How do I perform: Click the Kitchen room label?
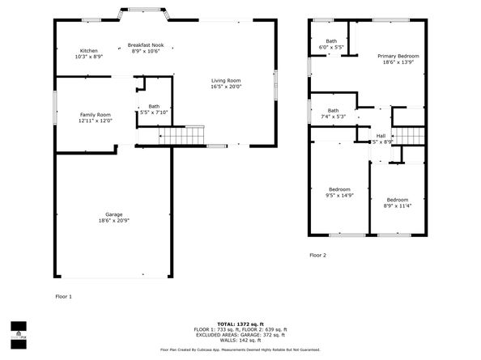pyautogui.click(x=88, y=50)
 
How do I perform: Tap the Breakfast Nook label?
pyautogui.click(x=146, y=44)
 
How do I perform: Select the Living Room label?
pyautogui.click(x=227, y=80)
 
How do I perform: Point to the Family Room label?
pyautogui.click(x=95, y=114)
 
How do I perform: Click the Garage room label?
pyautogui.click(x=113, y=214)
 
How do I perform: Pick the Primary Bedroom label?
pyautogui.click(x=398, y=56)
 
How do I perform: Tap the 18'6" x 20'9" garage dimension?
pyautogui.click(x=113, y=221)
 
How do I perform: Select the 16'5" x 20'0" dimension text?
pyautogui.click(x=227, y=87)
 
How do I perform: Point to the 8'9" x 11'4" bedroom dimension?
pyautogui.click(x=397, y=205)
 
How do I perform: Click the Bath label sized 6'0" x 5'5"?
pyautogui.click(x=331, y=40)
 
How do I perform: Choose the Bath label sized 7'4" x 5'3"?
pyautogui.click(x=333, y=110)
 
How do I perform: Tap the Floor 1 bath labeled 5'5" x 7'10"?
pyautogui.click(x=154, y=112)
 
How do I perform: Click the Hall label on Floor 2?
pyautogui.click(x=381, y=135)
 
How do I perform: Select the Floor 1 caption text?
pyautogui.click(x=63, y=297)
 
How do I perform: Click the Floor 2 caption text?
pyautogui.click(x=317, y=255)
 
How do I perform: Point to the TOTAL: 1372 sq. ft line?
pyautogui.click(x=240, y=324)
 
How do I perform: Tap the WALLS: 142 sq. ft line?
pyautogui.click(x=240, y=339)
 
